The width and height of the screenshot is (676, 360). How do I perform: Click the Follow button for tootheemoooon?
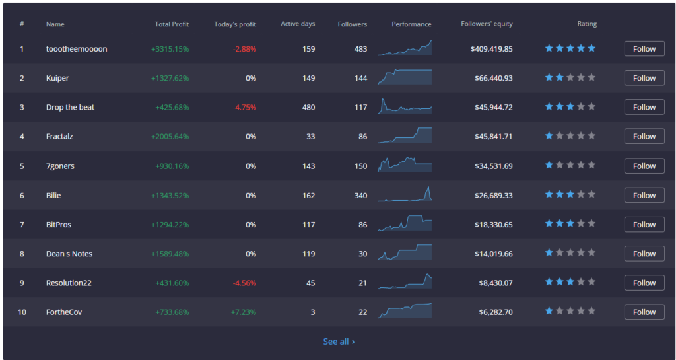(x=644, y=49)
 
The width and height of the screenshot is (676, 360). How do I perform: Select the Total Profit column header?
(x=172, y=24)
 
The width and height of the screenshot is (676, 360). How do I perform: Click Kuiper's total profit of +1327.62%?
(x=170, y=78)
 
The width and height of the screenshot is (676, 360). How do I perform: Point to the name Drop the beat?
(x=70, y=107)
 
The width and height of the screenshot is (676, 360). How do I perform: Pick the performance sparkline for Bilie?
(x=405, y=195)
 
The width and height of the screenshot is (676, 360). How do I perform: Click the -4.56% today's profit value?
(x=244, y=283)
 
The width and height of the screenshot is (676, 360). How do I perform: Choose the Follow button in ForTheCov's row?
(x=644, y=312)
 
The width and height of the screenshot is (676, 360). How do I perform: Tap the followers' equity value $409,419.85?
(x=492, y=49)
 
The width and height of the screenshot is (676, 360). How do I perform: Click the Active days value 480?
(x=308, y=107)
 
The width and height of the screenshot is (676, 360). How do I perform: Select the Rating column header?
(x=587, y=24)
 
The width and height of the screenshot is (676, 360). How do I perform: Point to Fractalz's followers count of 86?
(x=362, y=137)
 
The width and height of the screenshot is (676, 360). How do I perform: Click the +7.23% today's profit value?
(x=244, y=312)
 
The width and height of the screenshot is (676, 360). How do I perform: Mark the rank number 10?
(x=22, y=312)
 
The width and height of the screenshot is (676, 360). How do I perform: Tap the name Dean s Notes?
(x=69, y=254)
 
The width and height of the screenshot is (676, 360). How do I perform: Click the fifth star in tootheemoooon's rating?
(x=591, y=48)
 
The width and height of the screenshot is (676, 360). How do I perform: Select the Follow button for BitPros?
(x=644, y=225)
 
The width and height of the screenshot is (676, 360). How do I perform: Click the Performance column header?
(x=411, y=24)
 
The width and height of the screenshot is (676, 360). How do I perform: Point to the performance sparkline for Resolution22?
(x=405, y=282)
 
